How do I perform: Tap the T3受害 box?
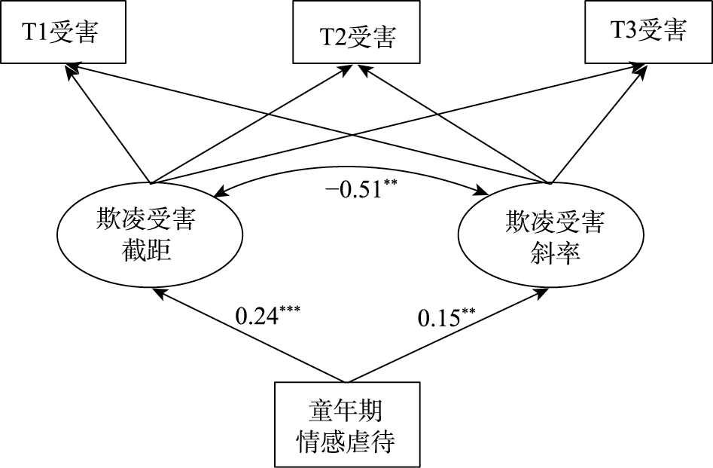tap(647, 32)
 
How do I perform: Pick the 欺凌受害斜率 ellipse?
tap(553, 234)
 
